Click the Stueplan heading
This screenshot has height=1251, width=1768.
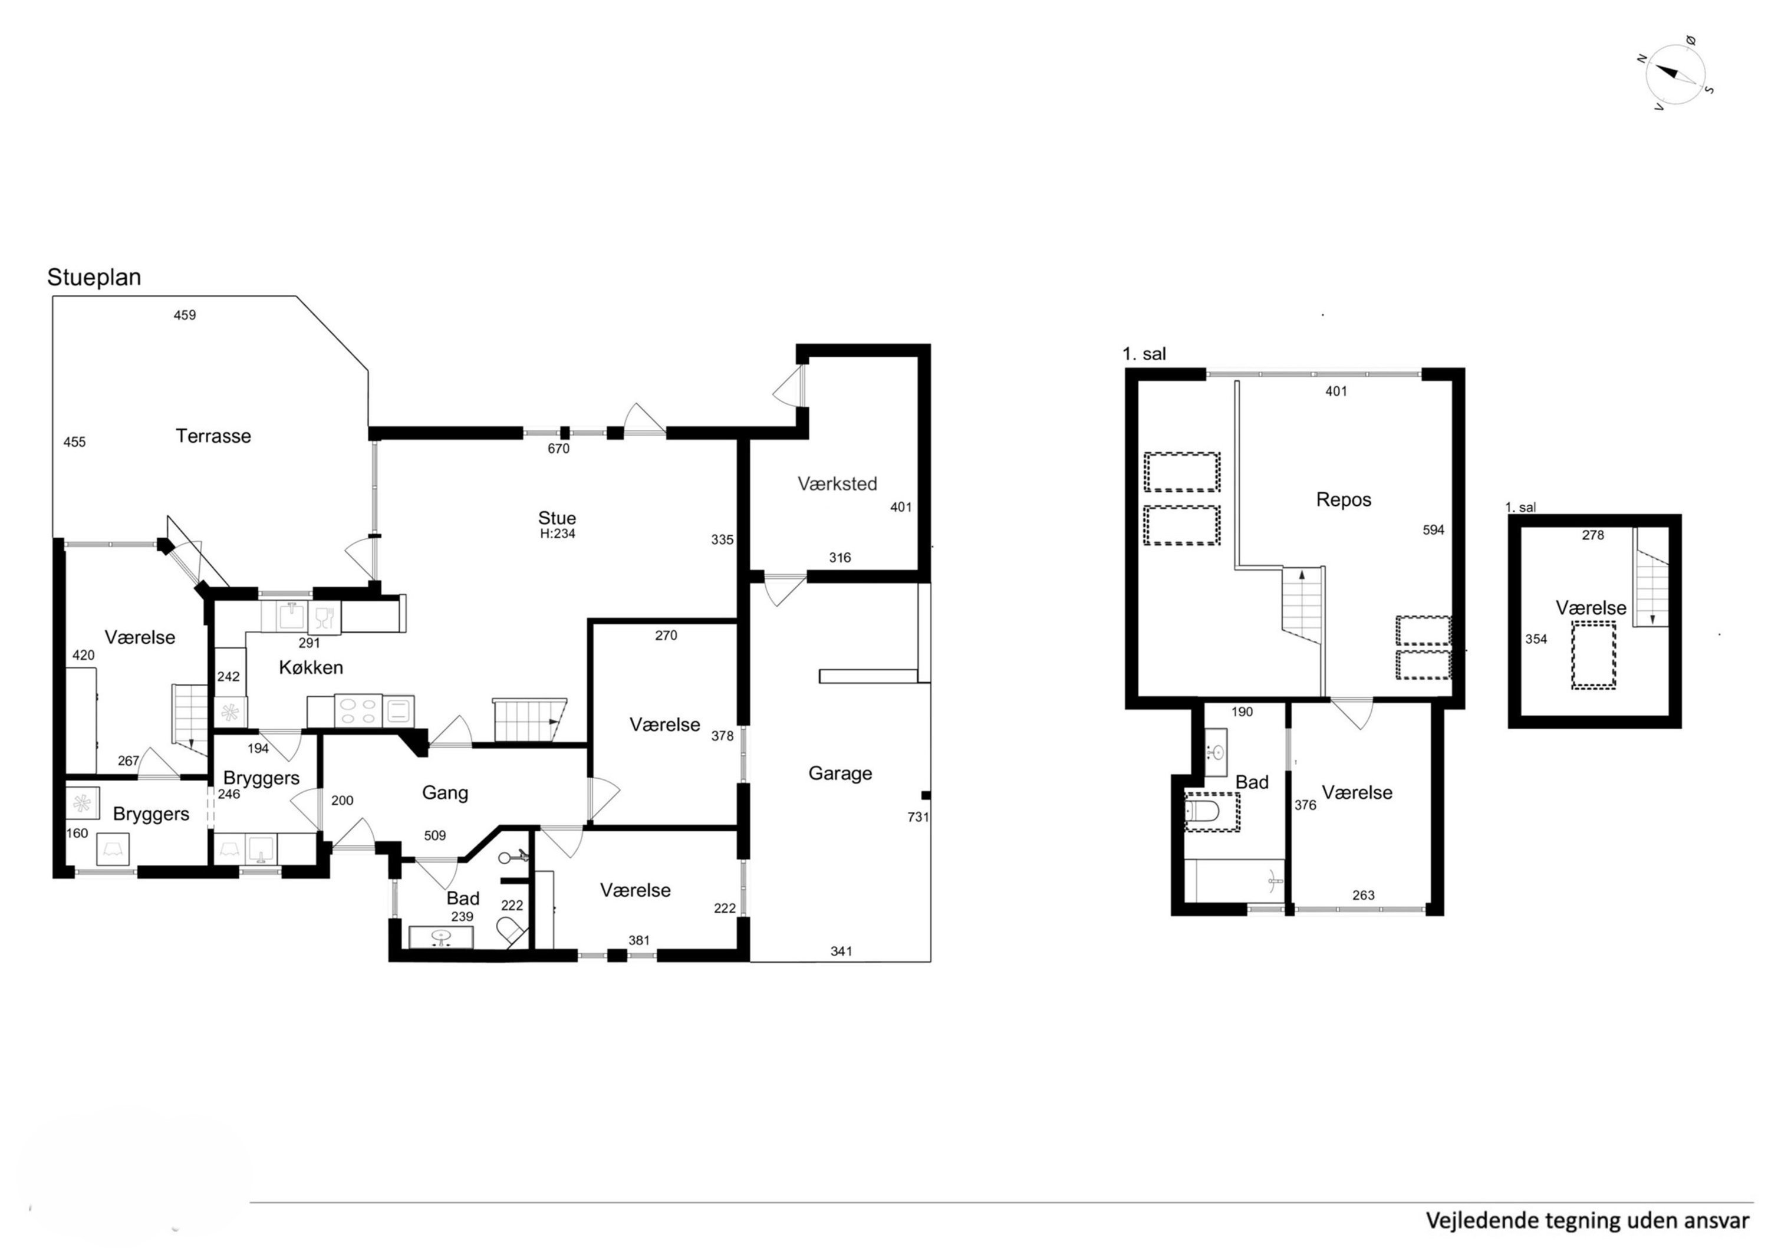click(x=94, y=277)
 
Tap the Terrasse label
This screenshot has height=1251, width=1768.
click(x=213, y=436)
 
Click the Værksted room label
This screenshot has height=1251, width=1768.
click(x=837, y=484)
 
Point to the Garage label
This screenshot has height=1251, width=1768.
click(x=839, y=773)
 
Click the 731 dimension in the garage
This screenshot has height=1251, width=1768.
click(x=917, y=817)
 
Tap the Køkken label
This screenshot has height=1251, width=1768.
click(x=311, y=668)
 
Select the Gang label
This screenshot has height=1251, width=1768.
click(x=445, y=793)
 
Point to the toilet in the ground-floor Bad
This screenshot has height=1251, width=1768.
click(x=512, y=931)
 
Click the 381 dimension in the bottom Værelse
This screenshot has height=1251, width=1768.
click(x=638, y=940)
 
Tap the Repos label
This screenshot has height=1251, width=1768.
click(x=1344, y=500)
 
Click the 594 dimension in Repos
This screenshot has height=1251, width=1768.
click(x=1433, y=530)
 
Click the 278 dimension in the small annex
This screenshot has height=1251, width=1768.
click(x=1592, y=535)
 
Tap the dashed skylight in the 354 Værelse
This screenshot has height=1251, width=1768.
click(x=1593, y=656)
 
